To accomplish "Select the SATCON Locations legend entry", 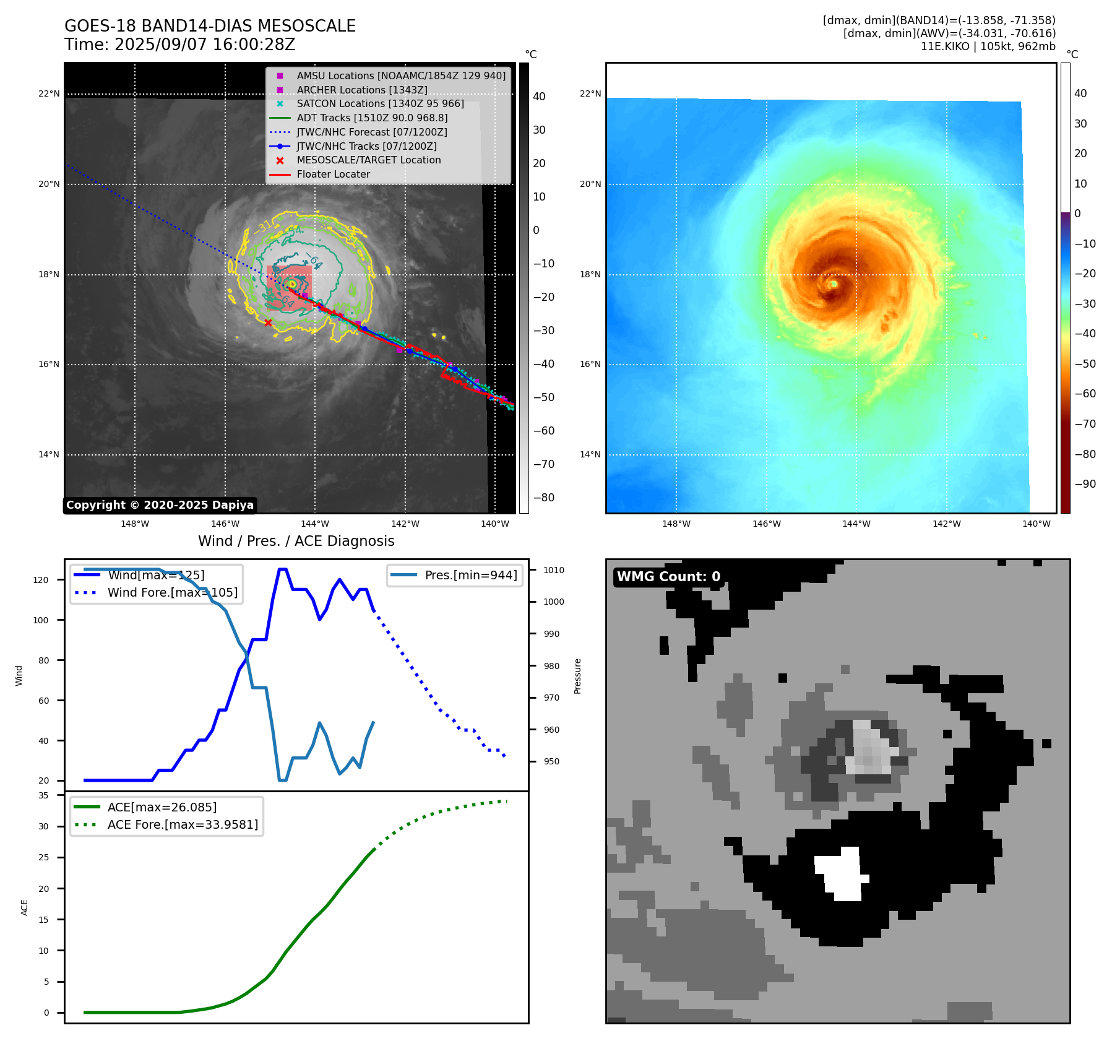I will coord(380,104).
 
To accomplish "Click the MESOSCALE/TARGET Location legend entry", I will coord(368,160).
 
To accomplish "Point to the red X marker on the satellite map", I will coord(268,322).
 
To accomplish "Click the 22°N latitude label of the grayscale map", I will coord(49,94).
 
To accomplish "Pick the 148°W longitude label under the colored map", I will coord(676,524).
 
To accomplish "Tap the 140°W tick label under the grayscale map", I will coord(495,524).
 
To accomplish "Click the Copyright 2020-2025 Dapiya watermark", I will coord(160,505).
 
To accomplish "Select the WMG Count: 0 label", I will coord(668,577).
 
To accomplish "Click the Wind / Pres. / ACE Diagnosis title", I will coord(296,541).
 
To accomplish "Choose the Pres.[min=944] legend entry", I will coord(470,575).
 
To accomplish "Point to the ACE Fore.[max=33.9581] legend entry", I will coord(183,824).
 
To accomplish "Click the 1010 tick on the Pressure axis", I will coord(554,570).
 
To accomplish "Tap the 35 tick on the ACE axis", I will coord(43,795).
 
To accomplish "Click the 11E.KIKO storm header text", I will coord(988,46).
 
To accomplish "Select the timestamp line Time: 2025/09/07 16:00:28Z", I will coord(179,45).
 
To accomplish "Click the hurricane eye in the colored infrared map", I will coord(834,283).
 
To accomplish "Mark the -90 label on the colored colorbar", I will coord(1085,484).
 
